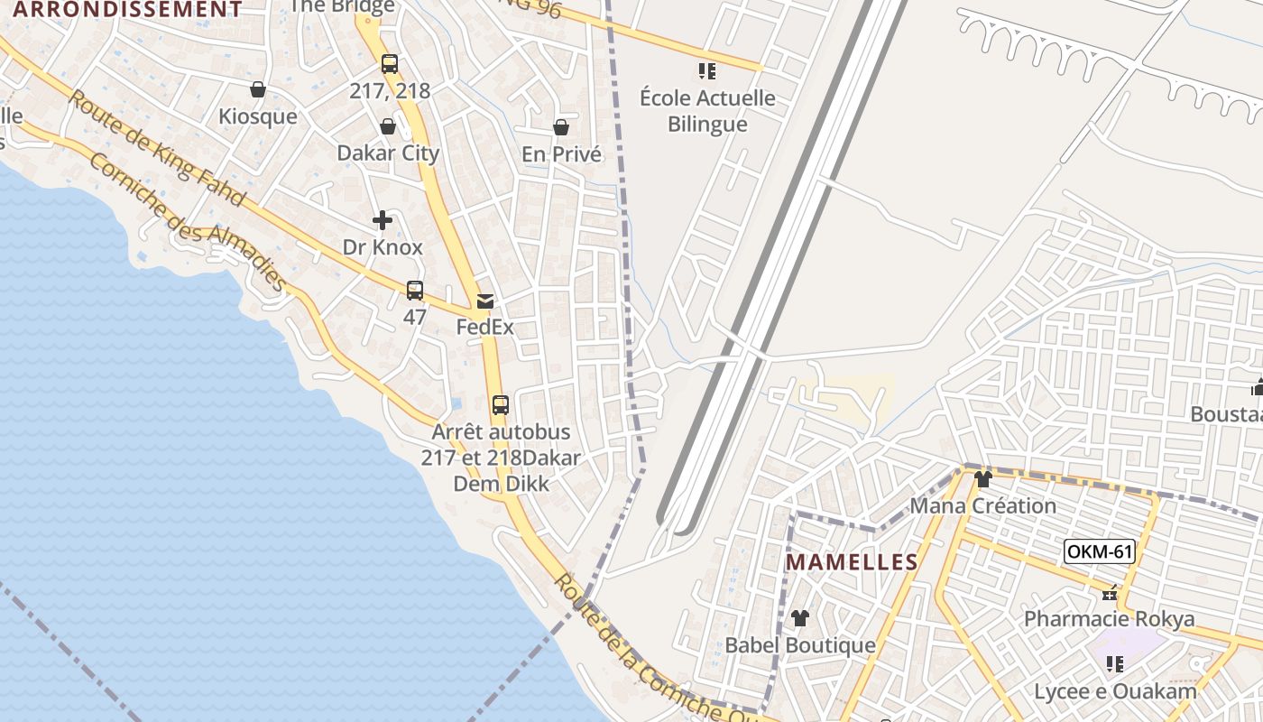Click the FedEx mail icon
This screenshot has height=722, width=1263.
point(485,301)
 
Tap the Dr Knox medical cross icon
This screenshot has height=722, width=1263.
point(383,220)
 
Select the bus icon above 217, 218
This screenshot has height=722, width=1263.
point(389,64)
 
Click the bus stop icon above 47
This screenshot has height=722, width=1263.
point(414,291)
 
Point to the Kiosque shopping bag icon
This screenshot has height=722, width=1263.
point(258,89)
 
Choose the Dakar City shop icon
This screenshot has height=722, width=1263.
point(388,126)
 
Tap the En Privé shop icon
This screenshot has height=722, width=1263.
point(561,127)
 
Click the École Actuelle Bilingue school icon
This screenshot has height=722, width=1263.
point(707,70)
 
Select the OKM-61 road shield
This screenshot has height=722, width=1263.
point(1099,551)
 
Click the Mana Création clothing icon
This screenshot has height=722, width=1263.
point(983,479)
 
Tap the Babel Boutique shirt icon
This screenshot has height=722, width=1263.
point(800,618)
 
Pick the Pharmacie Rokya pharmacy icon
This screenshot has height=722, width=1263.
point(1110,593)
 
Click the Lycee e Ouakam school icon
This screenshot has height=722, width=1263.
point(1115,664)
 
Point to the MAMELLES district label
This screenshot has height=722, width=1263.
point(852,562)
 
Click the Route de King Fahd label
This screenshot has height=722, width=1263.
point(155,147)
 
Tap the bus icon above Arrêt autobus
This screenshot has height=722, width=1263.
point(501,405)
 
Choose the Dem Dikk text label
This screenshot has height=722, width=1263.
point(501,484)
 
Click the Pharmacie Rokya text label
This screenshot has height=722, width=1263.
point(1109,619)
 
